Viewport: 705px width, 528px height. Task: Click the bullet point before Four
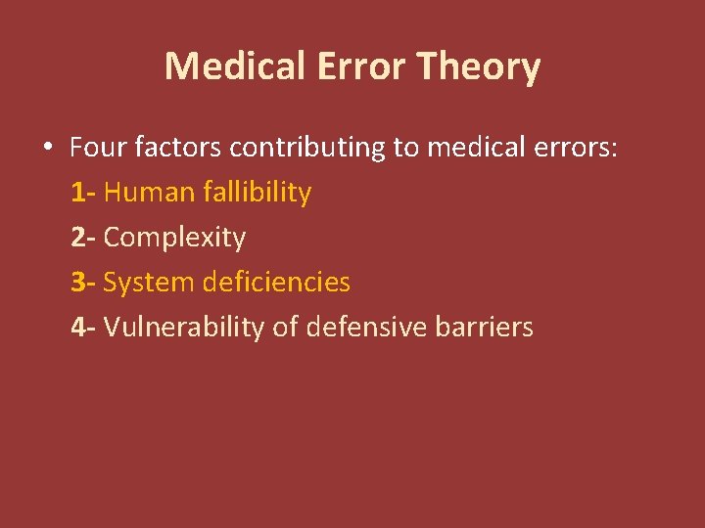[x=47, y=149]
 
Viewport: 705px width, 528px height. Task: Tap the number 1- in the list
[x=83, y=193]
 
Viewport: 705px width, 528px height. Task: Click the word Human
[x=149, y=193]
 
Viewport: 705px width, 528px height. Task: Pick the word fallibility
[x=258, y=194]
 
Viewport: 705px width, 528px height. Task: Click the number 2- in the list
[x=83, y=238]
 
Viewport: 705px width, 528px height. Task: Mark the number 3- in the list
[x=83, y=283]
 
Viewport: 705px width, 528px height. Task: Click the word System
[x=148, y=284]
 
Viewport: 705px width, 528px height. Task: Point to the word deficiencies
[x=276, y=283]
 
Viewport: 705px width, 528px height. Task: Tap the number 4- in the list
[x=83, y=328]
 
